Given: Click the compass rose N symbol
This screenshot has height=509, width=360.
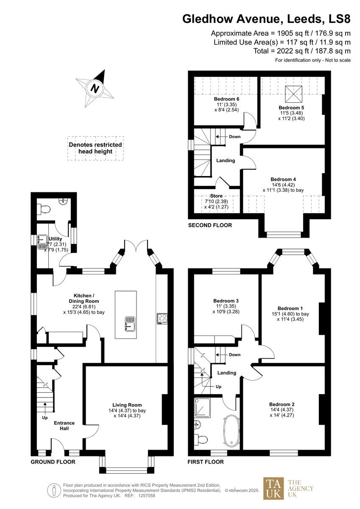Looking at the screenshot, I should [x=95, y=89].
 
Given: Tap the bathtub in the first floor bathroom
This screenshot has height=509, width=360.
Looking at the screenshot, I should [x=232, y=430].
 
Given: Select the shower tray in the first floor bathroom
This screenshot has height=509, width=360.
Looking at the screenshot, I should [x=202, y=406].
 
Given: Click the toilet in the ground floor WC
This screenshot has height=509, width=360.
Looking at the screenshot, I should [x=44, y=209].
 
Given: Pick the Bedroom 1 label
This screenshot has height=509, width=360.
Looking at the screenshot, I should [x=290, y=308].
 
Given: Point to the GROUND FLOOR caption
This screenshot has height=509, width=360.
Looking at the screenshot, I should [x=53, y=462].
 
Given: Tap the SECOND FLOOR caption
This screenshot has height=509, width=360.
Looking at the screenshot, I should [x=210, y=225].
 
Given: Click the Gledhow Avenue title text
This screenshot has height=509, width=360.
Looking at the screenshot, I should [x=266, y=19].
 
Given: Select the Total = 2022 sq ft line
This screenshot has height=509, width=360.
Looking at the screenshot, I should [x=282, y=51].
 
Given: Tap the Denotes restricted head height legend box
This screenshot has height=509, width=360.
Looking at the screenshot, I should [x=95, y=148].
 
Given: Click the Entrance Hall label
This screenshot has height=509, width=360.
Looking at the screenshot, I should [x=64, y=425].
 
